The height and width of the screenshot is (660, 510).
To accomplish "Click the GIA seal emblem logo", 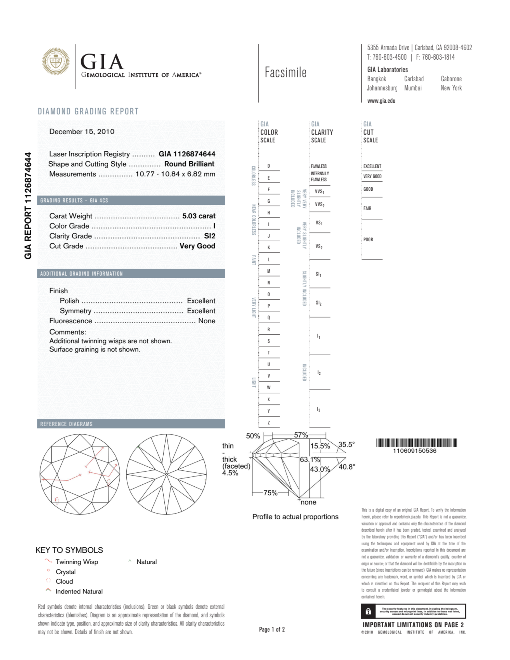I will pyautogui.click(x=56, y=61).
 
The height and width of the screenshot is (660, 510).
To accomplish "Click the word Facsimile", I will pyautogui.click(x=285, y=73).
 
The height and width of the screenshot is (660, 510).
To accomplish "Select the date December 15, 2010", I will pyautogui.click(x=82, y=131).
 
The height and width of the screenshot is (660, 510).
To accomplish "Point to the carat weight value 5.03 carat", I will pyautogui.click(x=199, y=216).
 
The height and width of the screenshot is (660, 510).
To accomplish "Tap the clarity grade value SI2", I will pyautogui.click(x=210, y=236).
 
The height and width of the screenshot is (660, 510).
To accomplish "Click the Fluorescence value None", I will pyautogui.click(x=206, y=321).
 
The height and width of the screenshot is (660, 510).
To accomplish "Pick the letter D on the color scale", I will pyautogui.click(x=268, y=166).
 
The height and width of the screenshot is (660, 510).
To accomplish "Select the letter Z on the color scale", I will pyautogui.click(x=268, y=423).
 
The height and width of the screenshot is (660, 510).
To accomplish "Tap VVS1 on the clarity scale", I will pyautogui.click(x=319, y=192).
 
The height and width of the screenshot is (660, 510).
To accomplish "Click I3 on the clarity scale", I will pyautogui.click(x=318, y=410).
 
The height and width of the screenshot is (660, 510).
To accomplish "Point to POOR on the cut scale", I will pyautogui.click(x=368, y=240).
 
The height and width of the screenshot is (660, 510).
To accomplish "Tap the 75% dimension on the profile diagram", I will pyautogui.click(x=270, y=493).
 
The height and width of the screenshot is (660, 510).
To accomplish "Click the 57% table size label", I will pyautogui.click(x=301, y=435).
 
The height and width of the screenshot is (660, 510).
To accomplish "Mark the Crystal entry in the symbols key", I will pyautogui.click(x=66, y=572).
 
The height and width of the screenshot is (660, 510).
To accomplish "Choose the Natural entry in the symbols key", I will pyautogui.click(x=146, y=562).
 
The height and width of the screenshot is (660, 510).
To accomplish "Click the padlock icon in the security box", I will pyautogui.click(x=368, y=612).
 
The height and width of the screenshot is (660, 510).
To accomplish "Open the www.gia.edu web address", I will pyautogui.click(x=381, y=101).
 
